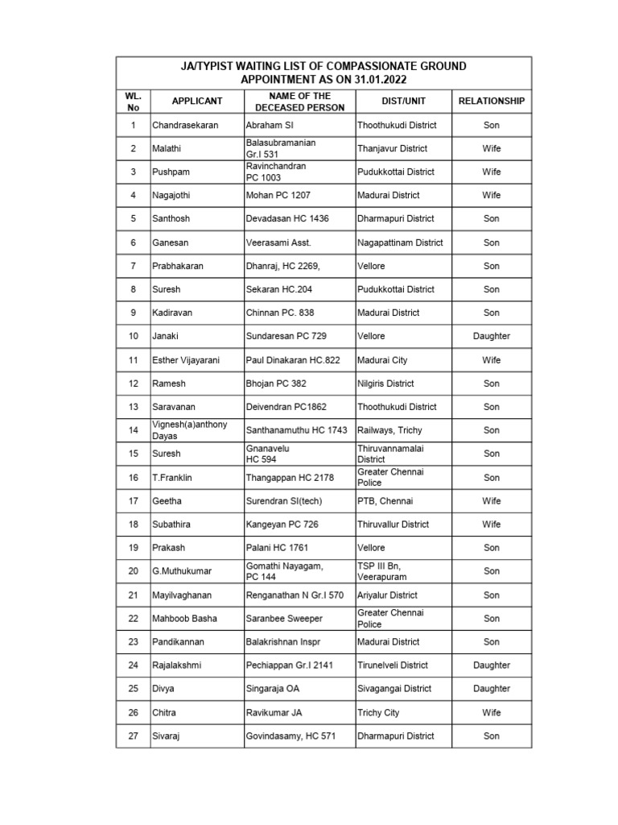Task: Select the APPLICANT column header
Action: point(196,102)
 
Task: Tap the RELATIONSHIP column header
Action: point(491,102)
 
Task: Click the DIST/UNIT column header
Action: point(403,102)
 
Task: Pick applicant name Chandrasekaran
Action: point(185,126)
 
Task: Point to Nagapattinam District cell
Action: point(400,243)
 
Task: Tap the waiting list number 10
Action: point(133,337)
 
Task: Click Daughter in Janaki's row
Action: point(491,337)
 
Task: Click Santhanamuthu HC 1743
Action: point(296,431)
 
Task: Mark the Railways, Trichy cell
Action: point(389,431)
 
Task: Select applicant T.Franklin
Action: point(172,478)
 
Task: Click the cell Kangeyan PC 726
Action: point(282,524)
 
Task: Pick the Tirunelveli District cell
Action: point(394,665)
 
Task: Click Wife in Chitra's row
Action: point(491,713)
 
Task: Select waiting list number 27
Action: point(133,736)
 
